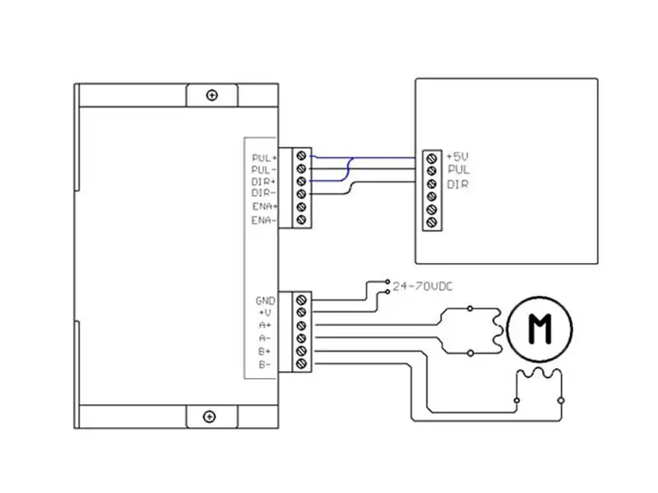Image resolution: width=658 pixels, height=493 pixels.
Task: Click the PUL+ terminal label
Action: tap(265, 155)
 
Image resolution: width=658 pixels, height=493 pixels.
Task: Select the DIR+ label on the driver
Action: tap(265, 181)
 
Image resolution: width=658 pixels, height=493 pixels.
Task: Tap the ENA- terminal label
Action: tap(265, 220)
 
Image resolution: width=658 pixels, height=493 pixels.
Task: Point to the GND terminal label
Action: tap(266, 301)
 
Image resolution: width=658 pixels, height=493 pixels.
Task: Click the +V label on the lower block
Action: tap(267, 313)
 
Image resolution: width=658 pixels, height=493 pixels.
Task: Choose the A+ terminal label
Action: tap(267, 325)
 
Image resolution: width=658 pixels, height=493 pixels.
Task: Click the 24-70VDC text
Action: tap(423, 286)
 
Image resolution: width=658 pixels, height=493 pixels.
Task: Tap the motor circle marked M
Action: tap(540, 329)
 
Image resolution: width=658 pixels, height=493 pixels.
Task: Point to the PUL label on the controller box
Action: tap(458, 169)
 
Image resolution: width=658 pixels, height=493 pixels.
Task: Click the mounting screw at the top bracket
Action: tap(212, 95)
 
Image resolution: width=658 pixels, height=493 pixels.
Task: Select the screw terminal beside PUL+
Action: tap(301, 154)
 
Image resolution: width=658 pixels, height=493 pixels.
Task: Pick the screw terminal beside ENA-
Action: tap(301, 220)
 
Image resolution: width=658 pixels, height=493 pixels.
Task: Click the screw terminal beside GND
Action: tap(301, 300)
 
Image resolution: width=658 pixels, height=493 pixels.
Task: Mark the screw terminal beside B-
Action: tap(301, 363)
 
